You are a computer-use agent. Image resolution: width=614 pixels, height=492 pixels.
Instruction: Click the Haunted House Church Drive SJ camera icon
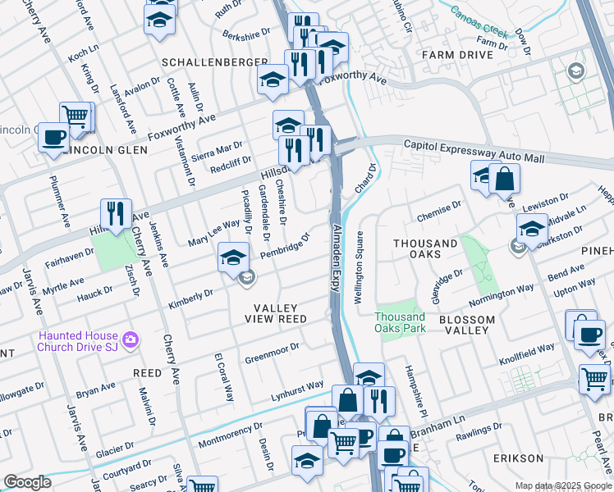tap(130, 339)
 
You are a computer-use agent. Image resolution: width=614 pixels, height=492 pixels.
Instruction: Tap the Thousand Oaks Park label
tap(401, 322)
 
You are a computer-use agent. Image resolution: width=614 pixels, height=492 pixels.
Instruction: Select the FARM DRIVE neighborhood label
tap(457, 54)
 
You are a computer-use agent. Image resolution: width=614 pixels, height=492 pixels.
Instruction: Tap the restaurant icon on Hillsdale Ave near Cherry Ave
tap(116, 215)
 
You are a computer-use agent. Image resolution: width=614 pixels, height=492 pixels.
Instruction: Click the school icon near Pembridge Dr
tap(233, 257)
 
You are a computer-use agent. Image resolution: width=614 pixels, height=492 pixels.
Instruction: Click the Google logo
tap(27, 482)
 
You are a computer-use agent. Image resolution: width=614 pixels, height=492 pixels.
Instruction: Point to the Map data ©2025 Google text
tap(563, 485)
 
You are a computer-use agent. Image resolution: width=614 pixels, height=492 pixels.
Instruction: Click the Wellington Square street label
tap(359, 267)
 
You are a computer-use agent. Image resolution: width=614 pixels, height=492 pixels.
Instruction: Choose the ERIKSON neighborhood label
tap(518, 458)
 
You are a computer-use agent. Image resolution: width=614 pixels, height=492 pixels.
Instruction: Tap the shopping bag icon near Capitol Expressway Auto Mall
tap(504, 180)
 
